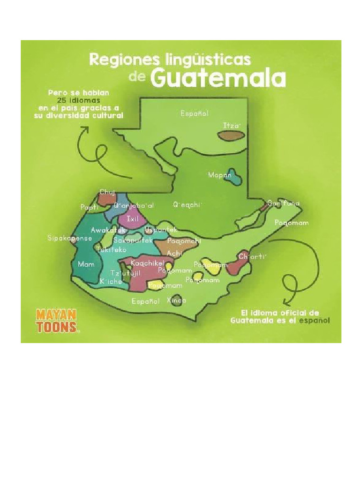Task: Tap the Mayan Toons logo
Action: [58, 321]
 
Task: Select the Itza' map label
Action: [231, 126]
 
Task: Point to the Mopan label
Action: [220, 175]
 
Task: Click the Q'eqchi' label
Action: [187, 205]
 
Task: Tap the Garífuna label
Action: [284, 203]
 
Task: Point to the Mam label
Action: [86, 264]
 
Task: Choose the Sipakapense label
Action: [70, 238]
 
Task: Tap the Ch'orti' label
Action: [252, 256]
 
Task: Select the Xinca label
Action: [176, 300]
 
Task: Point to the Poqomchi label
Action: [184, 241]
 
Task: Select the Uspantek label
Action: [161, 230]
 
